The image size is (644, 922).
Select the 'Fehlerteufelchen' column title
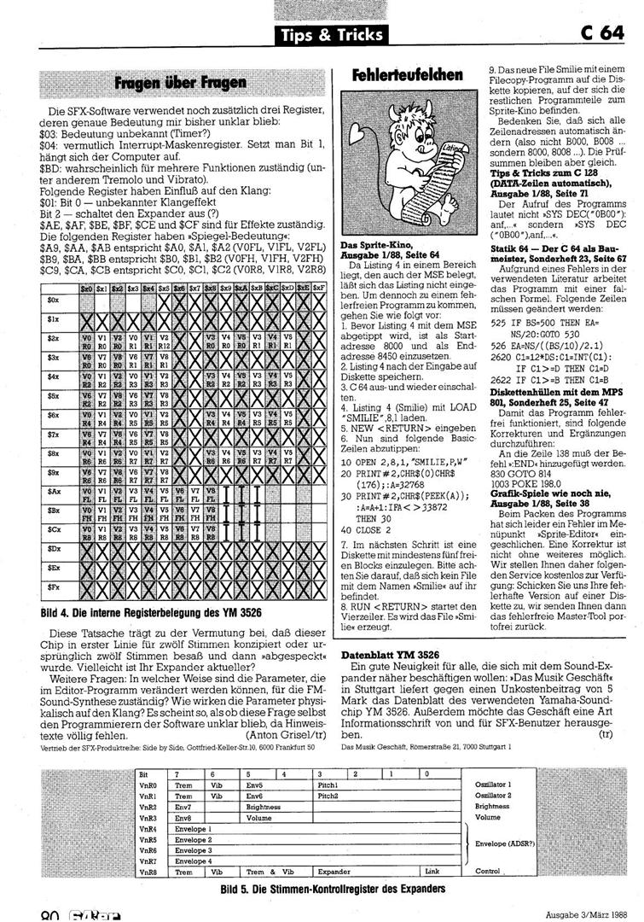pos(407,77)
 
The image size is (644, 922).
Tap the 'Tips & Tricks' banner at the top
pos(331,35)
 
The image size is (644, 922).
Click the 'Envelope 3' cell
pos(193,850)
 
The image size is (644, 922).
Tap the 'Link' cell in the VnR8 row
pos(432,872)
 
